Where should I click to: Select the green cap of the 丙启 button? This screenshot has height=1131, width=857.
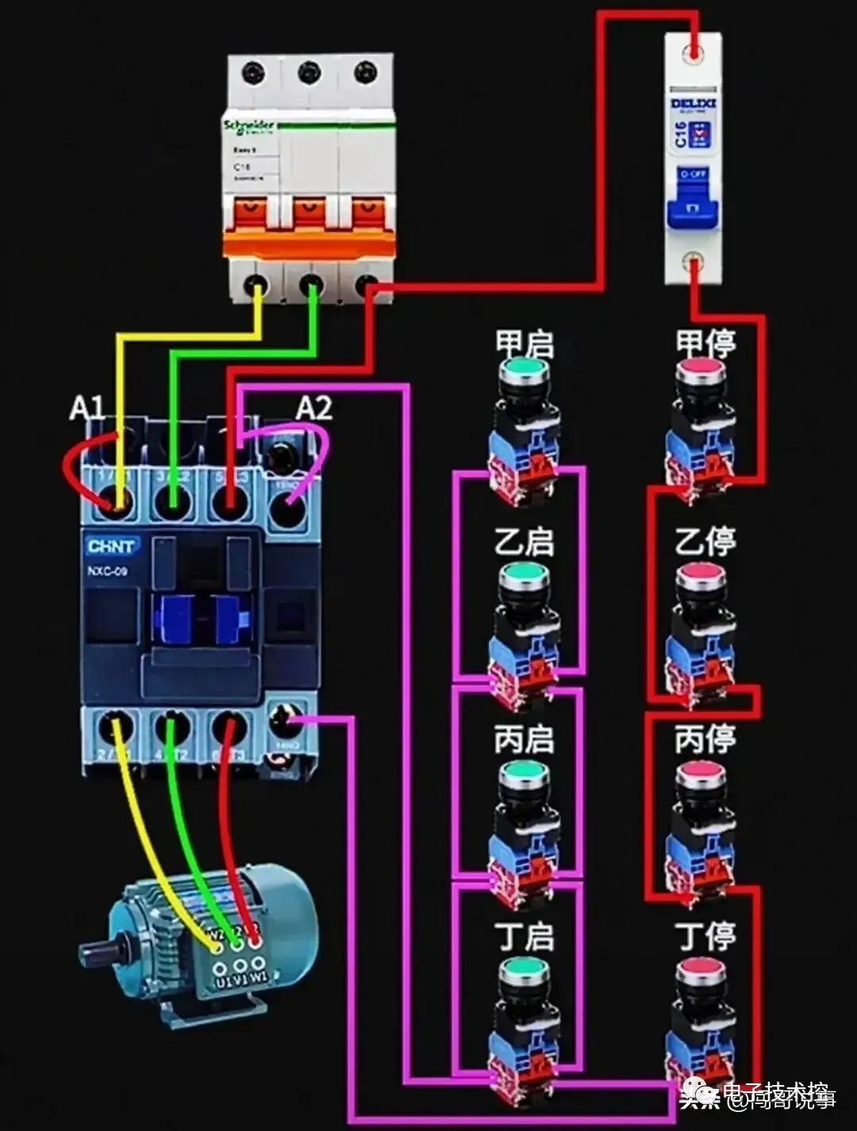(525, 771)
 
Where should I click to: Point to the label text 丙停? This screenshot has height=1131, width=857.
(705, 740)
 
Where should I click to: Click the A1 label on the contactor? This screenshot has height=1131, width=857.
(86, 409)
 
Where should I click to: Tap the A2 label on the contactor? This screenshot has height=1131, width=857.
(313, 408)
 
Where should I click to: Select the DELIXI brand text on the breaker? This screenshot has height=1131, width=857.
(694, 103)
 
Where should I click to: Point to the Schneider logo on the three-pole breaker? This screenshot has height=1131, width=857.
(249, 127)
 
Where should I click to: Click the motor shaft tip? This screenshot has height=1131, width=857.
(87, 950)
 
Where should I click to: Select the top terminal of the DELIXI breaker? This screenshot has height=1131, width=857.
(694, 53)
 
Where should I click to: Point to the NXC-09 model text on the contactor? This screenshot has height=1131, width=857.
(107, 571)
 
